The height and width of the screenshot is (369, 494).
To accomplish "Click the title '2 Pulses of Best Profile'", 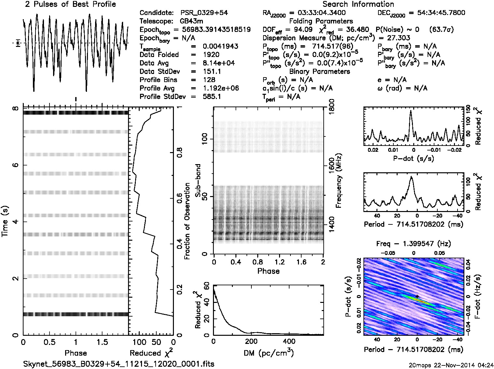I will tap(70, 5).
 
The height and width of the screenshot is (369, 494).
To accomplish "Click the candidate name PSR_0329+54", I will tap(204, 13).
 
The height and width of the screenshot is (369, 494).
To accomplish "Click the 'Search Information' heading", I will tap(358, 5).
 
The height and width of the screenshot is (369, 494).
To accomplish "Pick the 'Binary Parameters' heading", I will tap(320, 71).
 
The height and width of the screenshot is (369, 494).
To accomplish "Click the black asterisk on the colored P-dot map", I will tap(417, 296).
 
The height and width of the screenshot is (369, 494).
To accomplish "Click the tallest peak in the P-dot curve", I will tap(411, 111).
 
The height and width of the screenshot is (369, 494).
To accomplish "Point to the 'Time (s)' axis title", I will tap(5, 221).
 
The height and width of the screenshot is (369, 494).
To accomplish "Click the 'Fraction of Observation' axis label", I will tap(187, 221).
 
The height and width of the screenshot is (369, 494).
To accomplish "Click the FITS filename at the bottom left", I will tap(119, 364).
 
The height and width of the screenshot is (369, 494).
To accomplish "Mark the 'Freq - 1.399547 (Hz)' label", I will tap(413, 244).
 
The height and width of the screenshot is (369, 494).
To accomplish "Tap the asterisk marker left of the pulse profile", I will tap(18, 43).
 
